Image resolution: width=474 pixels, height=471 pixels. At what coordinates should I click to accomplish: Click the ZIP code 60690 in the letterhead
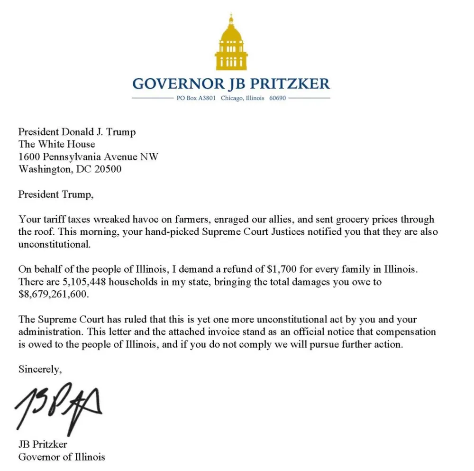pyautogui.click(x=277, y=99)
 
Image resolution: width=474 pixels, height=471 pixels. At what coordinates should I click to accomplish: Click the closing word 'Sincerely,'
pyautogui.click(x=40, y=369)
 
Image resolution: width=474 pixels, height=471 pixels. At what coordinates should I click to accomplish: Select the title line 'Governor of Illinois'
pyautogui.click(x=62, y=457)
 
